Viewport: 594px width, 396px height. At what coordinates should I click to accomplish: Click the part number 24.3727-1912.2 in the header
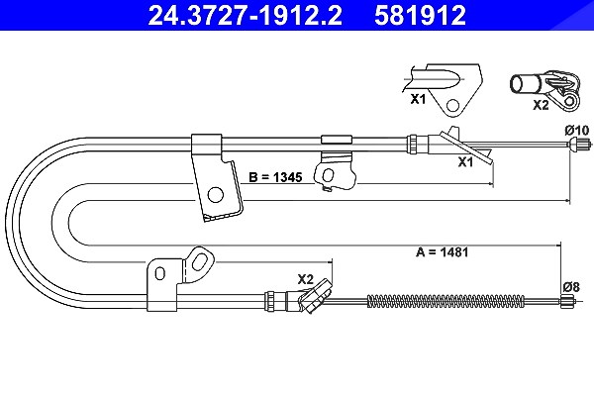coord(245,15)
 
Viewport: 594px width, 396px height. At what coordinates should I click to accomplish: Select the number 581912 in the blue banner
coord(420,15)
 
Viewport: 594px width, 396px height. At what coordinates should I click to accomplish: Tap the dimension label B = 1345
coord(275,177)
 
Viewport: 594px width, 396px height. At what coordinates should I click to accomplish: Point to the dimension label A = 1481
coord(443,252)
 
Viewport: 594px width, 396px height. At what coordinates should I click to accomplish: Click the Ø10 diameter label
coord(577,131)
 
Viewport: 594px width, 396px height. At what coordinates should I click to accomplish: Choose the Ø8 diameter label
coord(570,287)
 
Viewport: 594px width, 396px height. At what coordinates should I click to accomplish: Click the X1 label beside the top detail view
coord(418,99)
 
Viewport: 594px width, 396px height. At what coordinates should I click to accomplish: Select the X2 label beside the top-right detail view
coord(541,105)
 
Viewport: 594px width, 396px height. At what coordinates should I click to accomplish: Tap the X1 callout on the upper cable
coord(465,161)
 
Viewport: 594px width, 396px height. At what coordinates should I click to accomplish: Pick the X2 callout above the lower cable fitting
coord(305,279)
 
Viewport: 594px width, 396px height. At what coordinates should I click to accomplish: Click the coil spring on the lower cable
coord(445,301)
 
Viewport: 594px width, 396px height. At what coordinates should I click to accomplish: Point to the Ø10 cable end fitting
coord(579,144)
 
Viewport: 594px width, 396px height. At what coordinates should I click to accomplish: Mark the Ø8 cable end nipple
coord(567,301)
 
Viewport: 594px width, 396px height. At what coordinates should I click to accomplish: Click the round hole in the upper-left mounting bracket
coord(216,195)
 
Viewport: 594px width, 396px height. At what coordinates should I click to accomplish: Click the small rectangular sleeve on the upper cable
coord(337,140)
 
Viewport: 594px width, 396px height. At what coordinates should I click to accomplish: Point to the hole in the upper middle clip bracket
coord(328,175)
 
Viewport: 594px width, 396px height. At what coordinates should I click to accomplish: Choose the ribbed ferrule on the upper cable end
coord(412,144)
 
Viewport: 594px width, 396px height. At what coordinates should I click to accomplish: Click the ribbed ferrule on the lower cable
coord(270,301)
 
